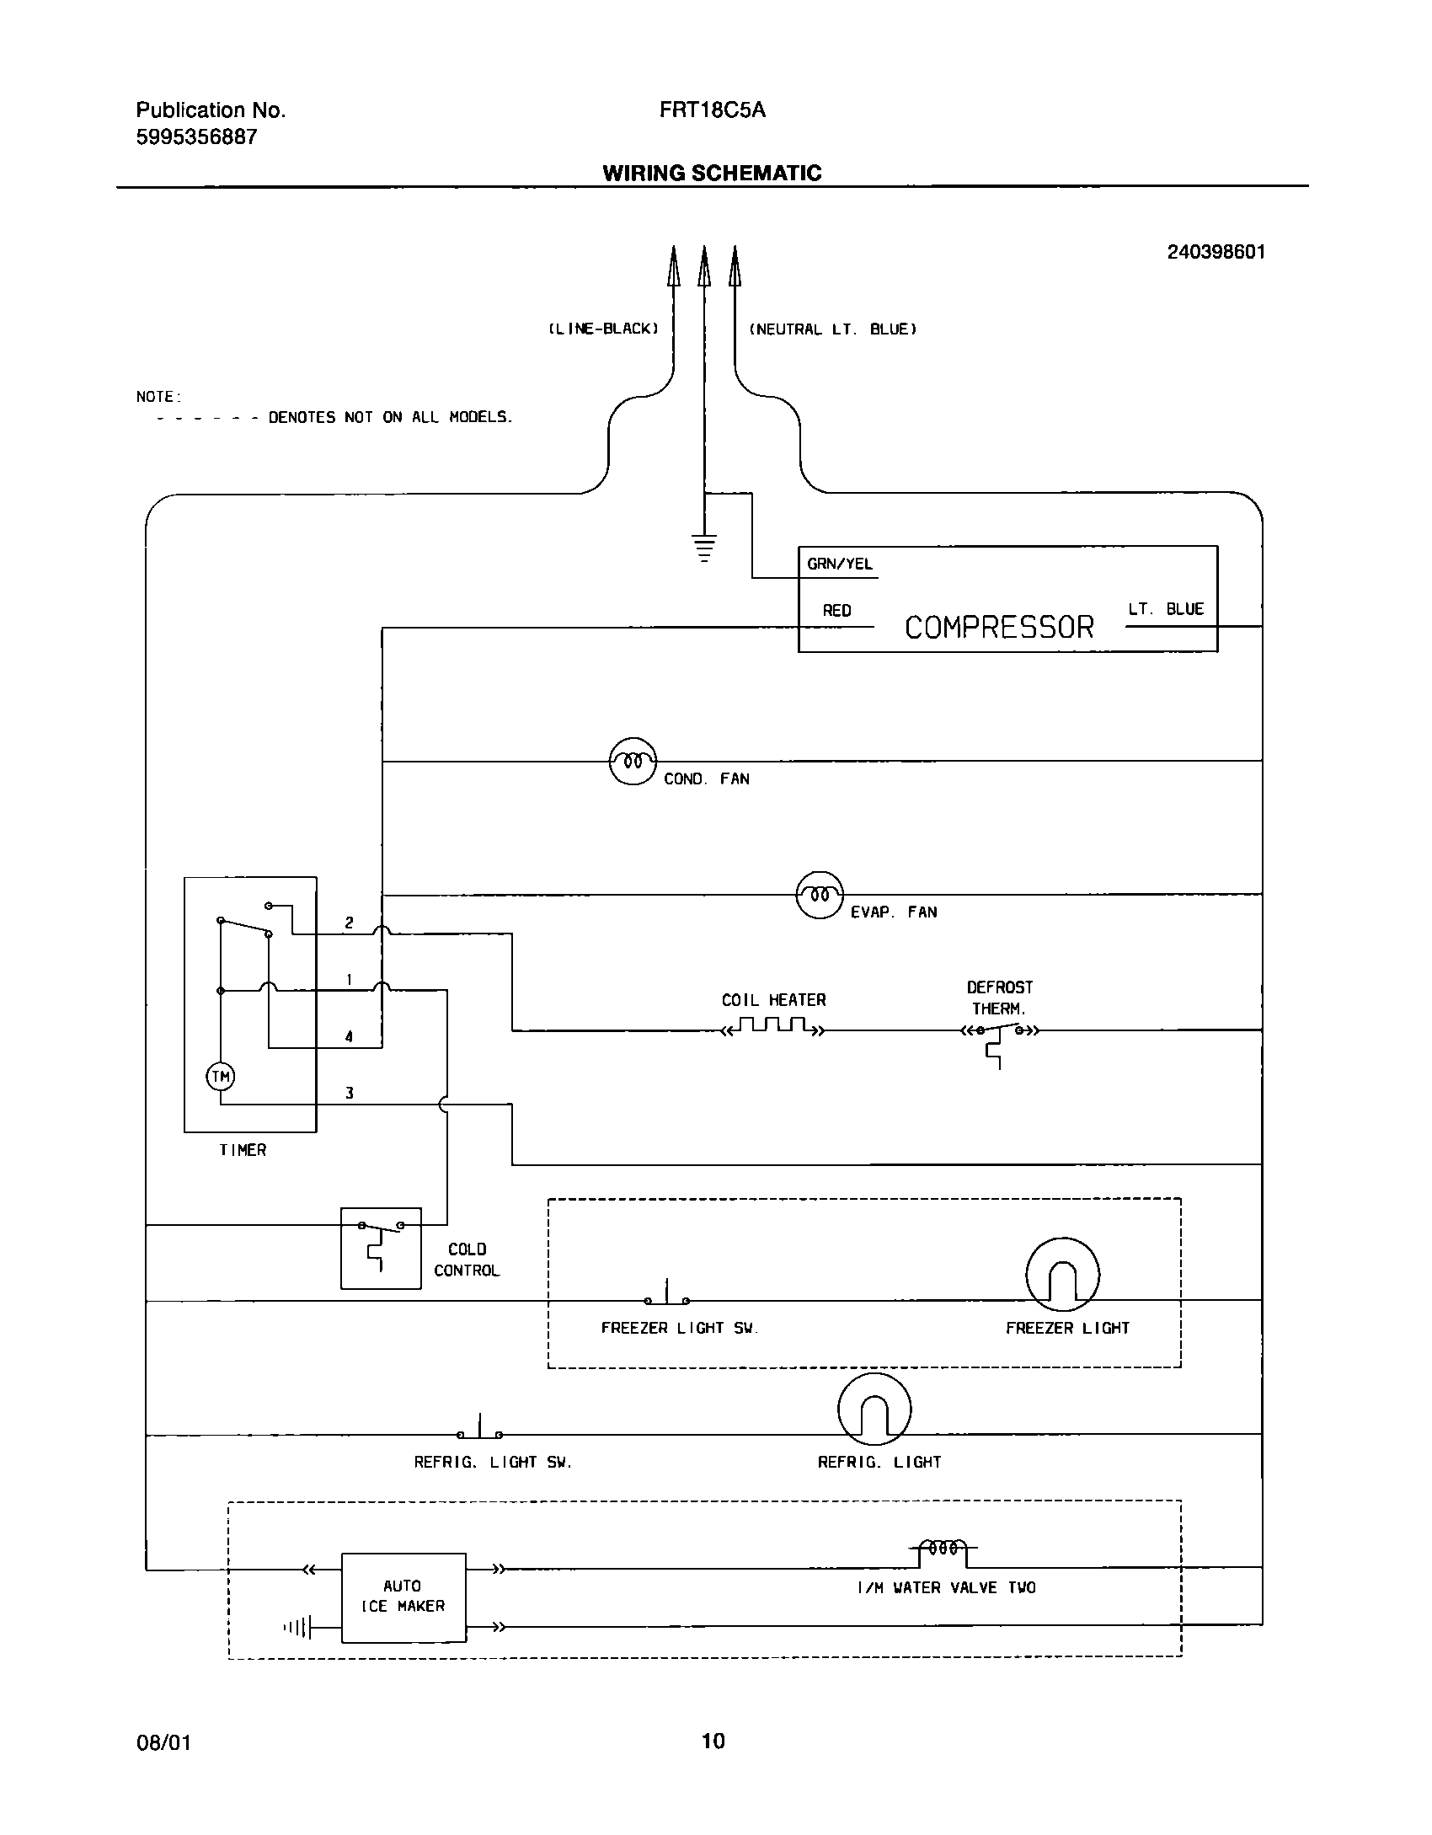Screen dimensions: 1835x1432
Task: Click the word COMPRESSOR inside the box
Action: click(x=999, y=628)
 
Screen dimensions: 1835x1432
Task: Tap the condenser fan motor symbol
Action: click(x=632, y=761)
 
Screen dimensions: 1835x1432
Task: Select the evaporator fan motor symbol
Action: click(x=820, y=894)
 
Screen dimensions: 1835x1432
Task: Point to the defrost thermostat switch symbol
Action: click(x=999, y=1031)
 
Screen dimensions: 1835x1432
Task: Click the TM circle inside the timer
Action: click(x=221, y=1076)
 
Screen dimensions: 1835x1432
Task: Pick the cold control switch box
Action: click(x=381, y=1248)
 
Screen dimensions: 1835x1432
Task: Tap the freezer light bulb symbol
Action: click(x=1062, y=1274)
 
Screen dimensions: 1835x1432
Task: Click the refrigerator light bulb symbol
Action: click(x=874, y=1409)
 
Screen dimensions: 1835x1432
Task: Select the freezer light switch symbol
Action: click(x=667, y=1297)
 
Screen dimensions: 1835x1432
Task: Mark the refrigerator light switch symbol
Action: click(x=480, y=1431)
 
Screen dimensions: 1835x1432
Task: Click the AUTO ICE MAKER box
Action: click(x=403, y=1597)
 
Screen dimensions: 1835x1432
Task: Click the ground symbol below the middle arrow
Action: click(x=704, y=547)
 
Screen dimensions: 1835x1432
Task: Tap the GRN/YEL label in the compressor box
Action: click(x=840, y=564)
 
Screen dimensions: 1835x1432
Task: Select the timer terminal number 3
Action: click(x=349, y=1094)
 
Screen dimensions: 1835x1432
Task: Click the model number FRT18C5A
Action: click(x=713, y=110)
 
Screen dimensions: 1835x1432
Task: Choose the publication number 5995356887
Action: click(x=196, y=137)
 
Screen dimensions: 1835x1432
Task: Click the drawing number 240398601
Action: click(x=1216, y=252)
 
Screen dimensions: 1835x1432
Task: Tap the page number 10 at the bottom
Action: click(x=713, y=1740)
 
